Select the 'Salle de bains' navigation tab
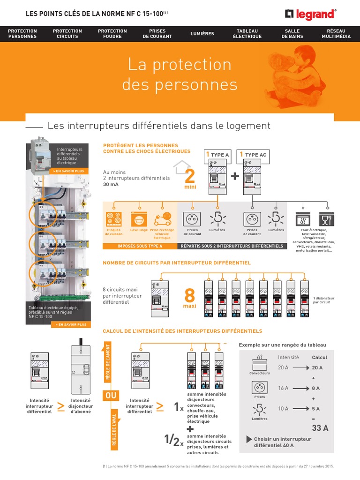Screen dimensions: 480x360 click(292, 34)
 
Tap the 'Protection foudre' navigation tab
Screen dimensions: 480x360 click(112, 34)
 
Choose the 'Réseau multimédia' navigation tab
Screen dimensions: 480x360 click(336, 34)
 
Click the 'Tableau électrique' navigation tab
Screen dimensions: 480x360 click(247, 34)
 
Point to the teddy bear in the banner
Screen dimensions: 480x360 click(283, 70)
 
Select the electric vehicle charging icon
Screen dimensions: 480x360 click(162, 219)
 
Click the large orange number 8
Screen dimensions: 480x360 click(190, 296)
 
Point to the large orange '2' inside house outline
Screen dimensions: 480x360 click(190, 177)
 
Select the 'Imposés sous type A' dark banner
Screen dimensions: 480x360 click(140, 246)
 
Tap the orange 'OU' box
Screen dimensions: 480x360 click(111, 396)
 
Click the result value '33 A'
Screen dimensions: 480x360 click(320, 428)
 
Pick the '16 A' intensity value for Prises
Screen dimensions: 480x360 click(283, 388)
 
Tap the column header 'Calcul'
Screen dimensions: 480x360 click(320, 357)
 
